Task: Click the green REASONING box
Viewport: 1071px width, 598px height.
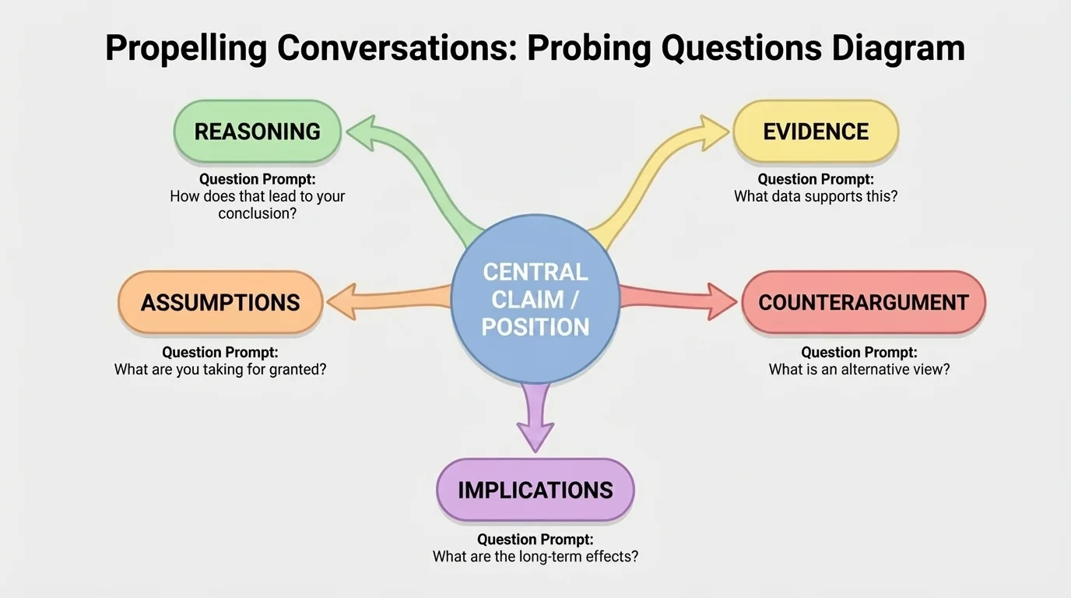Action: [x=257, y=132]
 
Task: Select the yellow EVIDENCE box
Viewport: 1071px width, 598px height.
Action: [x=816, y=132]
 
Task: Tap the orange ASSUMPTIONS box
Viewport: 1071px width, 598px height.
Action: [x=220, y=302]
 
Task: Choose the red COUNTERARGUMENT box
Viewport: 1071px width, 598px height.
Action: [x=863, y=302]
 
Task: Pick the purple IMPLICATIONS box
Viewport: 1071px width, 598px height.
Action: [x=535, y=490]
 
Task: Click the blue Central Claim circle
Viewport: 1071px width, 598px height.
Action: [x=535, y=300]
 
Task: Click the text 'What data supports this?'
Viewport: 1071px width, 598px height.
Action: [x=816, y=197]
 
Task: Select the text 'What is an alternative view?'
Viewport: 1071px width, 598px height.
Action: [x=859, y=370]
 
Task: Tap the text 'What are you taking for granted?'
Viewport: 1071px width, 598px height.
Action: [x=220, y=370]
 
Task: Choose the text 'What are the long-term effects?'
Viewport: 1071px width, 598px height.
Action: [x=535, y=557]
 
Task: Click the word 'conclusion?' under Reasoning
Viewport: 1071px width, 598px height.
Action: [x=257, y=213]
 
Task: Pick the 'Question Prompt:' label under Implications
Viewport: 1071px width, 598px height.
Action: [x=535, y=539]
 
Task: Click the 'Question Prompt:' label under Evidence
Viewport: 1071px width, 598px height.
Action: [x=816, y=179]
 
